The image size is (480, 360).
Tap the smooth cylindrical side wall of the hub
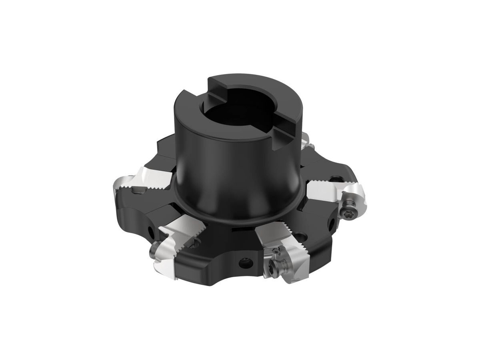coord(224,160)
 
